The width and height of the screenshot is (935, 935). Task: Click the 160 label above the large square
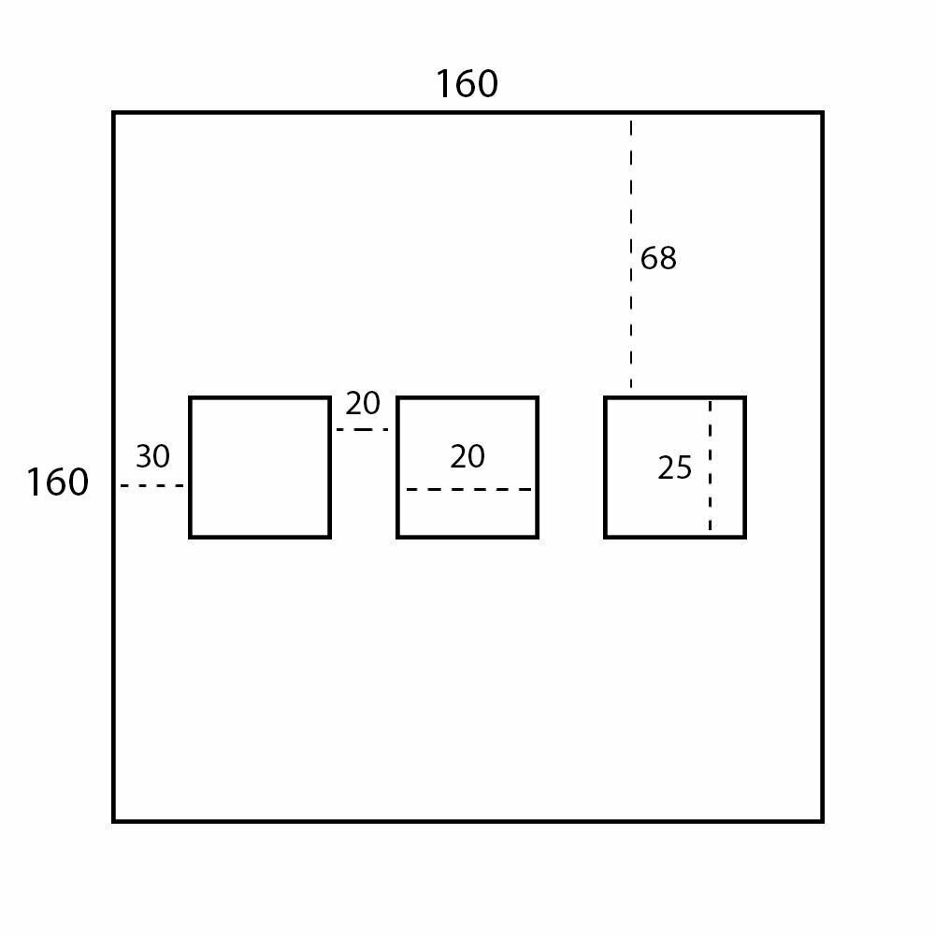(x=467, y=84)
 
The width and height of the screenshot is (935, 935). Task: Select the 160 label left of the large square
(x=57, y=482)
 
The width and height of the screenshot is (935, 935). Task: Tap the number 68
(x=658, y=258)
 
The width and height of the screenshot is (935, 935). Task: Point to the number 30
(x=152, y=457)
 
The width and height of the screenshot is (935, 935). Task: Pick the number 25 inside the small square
(x=674, y=467)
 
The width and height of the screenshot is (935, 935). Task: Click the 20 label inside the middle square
(x=467, y=457)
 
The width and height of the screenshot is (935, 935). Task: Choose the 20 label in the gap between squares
(x=363, y=404)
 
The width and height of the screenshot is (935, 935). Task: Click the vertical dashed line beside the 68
(x=631, y=252)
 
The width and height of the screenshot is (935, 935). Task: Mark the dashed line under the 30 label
(x=152, y=485)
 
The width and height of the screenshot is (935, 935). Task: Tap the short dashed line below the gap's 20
(x=363, y=429)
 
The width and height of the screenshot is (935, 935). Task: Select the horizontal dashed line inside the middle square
(x=468, y=489)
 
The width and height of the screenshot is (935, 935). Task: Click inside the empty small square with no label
(x=260, y=467)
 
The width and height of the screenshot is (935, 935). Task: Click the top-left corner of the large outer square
(x=114, y=113)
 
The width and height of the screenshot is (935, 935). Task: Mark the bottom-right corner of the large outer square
(x=822, y=821)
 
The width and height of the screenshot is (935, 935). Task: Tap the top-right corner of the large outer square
(x=822, y=113)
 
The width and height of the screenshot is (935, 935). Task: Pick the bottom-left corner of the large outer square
(x=114, y=821)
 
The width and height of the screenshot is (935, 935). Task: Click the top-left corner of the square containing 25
(x=606, y=398)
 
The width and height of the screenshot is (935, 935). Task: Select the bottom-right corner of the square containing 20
(x=537, y=537)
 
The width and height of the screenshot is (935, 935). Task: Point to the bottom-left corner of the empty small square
(x=191, y=537)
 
